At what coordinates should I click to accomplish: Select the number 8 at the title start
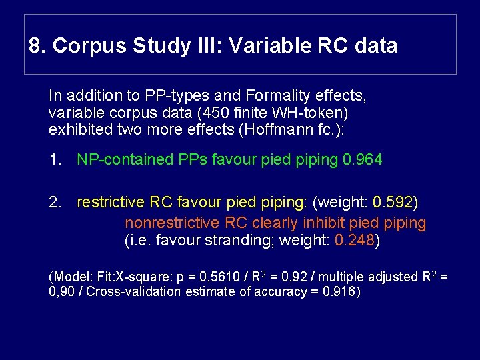point(35,46)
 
